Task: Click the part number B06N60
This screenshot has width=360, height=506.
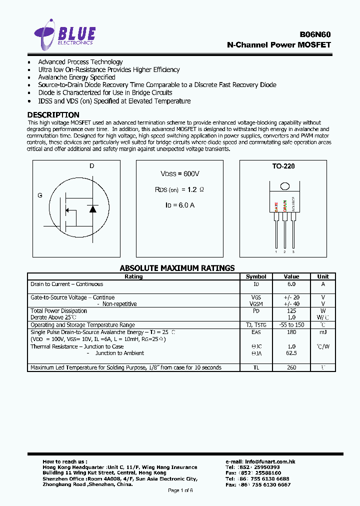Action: point(315,34)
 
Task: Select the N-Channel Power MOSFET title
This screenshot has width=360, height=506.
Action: point(278,44)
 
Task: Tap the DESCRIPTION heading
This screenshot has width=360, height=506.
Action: point(53,114)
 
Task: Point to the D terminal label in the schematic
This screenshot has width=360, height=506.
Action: point(92,165)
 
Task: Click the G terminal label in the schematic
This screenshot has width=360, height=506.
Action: point(40,195)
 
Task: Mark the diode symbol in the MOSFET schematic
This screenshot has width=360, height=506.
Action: point(92,209)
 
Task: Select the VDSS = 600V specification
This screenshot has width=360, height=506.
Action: point(179,173)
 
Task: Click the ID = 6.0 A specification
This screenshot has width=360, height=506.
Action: point(179,205)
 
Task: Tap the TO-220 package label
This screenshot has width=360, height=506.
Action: point(283,166)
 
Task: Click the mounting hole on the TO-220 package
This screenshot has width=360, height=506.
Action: point(284,186)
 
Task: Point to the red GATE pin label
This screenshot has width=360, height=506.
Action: point(276,206)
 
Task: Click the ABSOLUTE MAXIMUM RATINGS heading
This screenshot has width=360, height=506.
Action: point(177,268)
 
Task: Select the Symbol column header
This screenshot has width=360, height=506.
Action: point(256,276)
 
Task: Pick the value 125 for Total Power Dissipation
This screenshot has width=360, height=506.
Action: point(291,311)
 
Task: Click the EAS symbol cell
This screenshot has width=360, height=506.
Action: point(256,332)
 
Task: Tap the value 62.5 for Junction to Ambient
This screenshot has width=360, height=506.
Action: point(291,353)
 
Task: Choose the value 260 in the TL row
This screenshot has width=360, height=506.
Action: point(291,367)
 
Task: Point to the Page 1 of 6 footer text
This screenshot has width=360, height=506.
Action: point(180,490)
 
